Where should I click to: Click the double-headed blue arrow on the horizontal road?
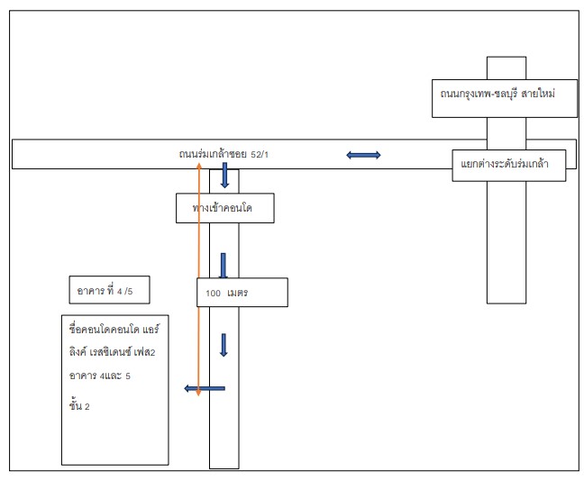pos(363,155)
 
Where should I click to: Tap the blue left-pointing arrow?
pos(205,388)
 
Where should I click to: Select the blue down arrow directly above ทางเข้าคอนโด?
pos(224,175)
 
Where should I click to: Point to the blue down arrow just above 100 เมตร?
pos(224,266)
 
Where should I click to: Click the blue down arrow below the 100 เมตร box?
pos(224,345)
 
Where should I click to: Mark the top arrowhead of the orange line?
pos(199,165)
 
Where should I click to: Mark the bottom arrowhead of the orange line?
pos(198,393)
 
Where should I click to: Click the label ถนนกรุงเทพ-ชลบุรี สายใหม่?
pos(497,94)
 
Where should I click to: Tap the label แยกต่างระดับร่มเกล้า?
pos(505,164)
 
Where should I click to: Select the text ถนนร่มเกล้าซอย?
pos(213,154)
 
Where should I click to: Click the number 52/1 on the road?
pos(260,154)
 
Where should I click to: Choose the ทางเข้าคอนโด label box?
pos(225,208)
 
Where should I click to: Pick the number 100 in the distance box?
pos(213,294)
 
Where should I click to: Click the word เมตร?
pos(238,293)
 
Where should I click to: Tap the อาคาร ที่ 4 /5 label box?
pos(110,290)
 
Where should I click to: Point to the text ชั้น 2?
pos(79,405)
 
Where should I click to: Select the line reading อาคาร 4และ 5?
pos(100,376)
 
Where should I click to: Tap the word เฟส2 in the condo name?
pos(144,351)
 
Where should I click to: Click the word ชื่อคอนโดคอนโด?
pos(104,330)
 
